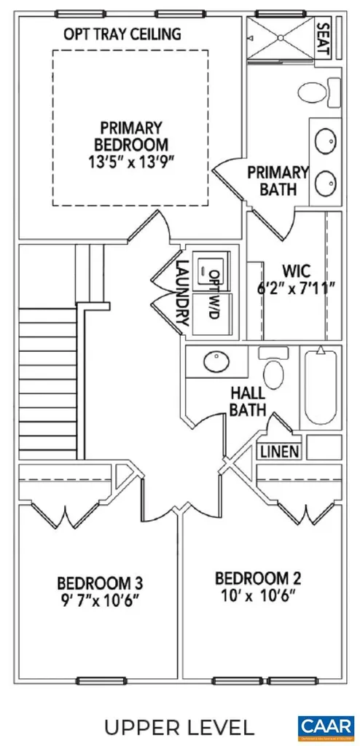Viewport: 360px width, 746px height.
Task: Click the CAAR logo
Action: [326, 726]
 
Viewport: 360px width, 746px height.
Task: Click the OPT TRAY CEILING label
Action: [122, 34]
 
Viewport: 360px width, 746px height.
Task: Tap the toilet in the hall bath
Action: [274, 372]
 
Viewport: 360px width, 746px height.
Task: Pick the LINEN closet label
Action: [279, 452]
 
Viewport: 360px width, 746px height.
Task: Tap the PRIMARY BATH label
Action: [278, 181]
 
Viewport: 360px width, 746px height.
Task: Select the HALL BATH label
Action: [248, 401]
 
